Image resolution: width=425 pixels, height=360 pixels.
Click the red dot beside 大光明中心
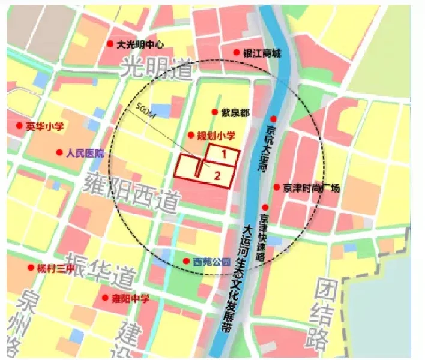110,44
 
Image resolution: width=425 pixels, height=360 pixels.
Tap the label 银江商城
262,53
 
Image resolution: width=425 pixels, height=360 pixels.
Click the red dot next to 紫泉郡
215,112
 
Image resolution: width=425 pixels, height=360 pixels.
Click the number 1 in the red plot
223,154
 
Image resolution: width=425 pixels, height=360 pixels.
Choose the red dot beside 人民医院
59,152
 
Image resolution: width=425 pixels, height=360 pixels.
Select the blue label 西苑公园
212,262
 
